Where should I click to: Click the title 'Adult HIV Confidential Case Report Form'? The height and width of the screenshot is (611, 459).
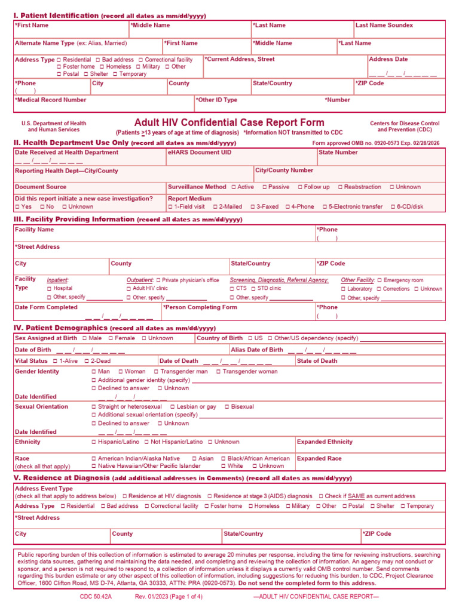(229, 122)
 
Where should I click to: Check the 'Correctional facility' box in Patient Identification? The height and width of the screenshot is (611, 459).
(141, 60)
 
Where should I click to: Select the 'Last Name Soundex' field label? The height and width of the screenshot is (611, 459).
(384, 25)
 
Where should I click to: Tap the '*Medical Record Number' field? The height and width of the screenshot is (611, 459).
(51, 100)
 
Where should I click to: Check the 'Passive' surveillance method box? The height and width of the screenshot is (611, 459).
(265, 187)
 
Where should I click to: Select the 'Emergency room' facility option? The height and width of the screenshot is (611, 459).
(379, 280)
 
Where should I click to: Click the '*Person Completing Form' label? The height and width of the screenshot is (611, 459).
(200, 307)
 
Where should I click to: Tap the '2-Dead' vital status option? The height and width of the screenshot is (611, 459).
(87, 361)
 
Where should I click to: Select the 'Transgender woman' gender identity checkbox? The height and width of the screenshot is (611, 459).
(219, 372)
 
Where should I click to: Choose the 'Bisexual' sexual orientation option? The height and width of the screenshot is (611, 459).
(227, 407)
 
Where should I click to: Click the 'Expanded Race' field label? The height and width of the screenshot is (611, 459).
(320, 459)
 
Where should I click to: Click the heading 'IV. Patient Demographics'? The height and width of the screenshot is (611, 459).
(61, 328)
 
